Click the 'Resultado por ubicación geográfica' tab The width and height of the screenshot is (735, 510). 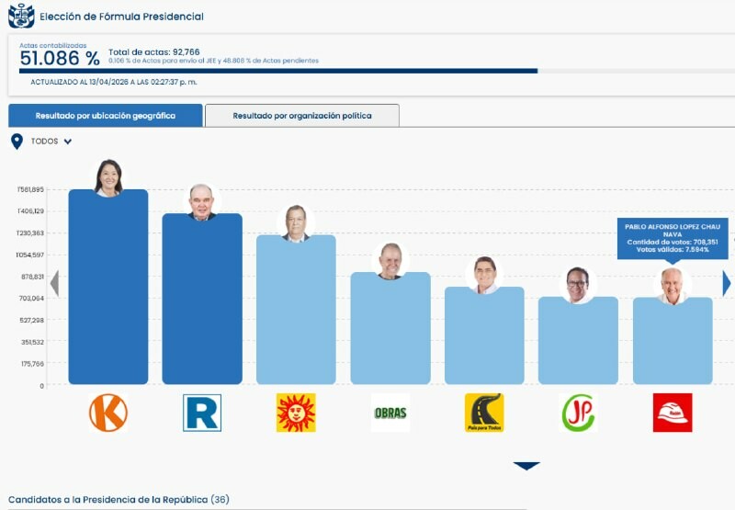coord(105,116)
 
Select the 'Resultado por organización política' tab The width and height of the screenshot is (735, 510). coord(301,116)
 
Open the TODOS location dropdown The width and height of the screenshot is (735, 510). coord(42,142)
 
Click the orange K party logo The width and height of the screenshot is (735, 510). coord(108,413)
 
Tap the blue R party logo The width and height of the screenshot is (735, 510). coord(202,413)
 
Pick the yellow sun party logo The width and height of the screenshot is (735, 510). coord(296,413)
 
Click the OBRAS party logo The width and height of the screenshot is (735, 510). coord(390,413)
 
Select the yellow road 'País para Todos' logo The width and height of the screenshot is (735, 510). coord(484,413)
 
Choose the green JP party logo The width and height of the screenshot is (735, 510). coord(578,413)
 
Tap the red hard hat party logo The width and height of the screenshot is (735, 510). coord(673,413)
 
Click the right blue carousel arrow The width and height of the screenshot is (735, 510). coord(726,284)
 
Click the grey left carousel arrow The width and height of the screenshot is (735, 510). coord(54,284)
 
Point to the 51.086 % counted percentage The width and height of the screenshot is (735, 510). coord(60,58)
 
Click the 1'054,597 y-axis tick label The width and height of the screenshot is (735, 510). coord(30,255)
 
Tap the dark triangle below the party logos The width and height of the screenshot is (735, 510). coord(526,466)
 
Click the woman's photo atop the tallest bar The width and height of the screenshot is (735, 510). coord(108,177)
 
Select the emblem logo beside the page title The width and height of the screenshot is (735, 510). coord(20,16)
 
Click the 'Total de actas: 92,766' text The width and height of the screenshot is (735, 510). coord(154,51)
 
